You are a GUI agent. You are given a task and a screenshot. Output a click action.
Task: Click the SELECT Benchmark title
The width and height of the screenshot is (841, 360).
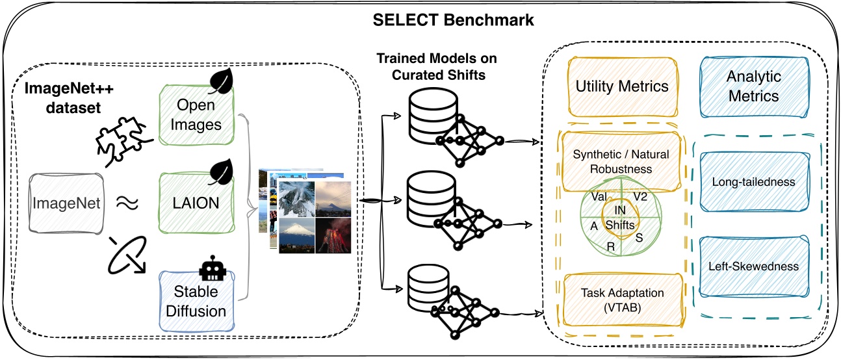453,19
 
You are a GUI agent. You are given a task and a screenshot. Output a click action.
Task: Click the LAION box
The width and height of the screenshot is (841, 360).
196,203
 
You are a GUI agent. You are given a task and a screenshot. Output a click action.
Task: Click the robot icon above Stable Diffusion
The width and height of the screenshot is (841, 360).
214,268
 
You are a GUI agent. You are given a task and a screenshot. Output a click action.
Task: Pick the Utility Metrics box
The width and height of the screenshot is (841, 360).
622,86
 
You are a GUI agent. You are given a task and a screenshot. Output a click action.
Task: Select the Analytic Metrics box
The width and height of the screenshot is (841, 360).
753,86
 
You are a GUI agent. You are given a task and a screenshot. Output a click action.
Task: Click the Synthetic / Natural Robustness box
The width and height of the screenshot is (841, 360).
621,161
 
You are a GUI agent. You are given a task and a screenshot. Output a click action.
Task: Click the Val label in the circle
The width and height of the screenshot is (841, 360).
600,195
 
